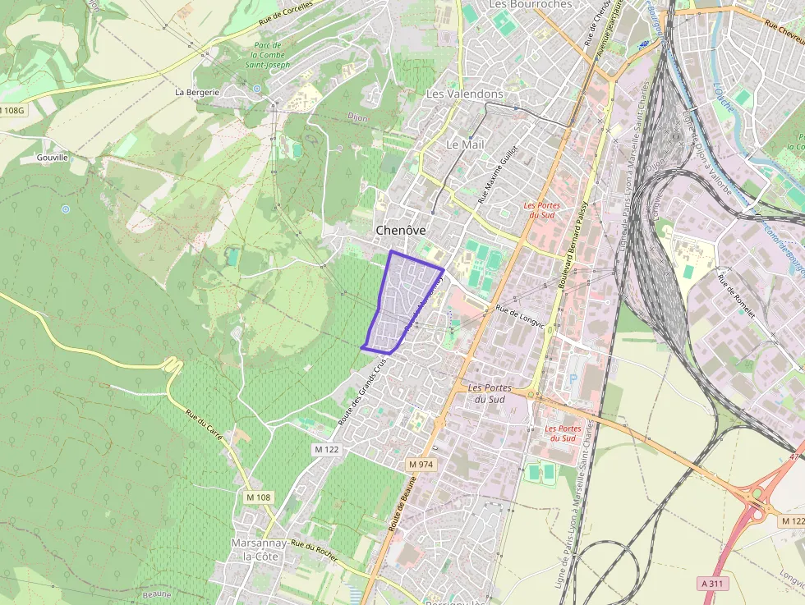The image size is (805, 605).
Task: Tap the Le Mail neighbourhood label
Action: pos(464,144)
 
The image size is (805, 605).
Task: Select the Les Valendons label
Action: pos(464,94)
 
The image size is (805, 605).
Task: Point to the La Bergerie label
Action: pos(197,93)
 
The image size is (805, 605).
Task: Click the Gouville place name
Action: pos(52,157)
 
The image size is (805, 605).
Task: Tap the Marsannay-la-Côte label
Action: pos(255,550)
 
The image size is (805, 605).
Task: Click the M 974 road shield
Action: pos(421,465)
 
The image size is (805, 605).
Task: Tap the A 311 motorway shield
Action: pos(713,583)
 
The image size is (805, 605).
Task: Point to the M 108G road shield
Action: pos(14,110)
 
